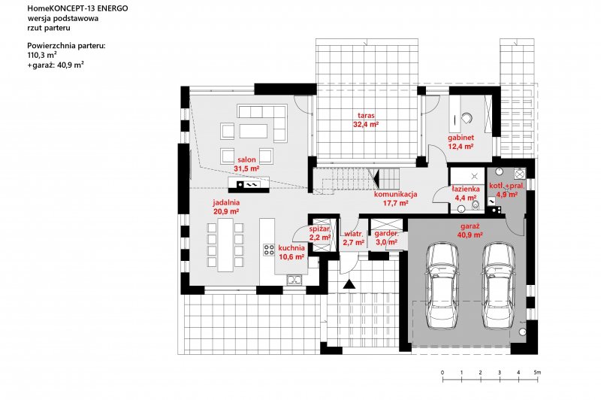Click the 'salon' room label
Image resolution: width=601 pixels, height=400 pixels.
(246, 160)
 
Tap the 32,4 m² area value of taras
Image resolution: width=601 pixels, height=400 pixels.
(366, 125)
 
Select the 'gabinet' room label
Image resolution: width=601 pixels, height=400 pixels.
(461, 138)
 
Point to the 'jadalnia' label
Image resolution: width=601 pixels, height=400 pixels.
(226, 202)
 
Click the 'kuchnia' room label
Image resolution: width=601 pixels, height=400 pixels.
(291, 247)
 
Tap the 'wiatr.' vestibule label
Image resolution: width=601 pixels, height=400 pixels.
(353, 234)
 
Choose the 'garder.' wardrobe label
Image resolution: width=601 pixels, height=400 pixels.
(388, 234)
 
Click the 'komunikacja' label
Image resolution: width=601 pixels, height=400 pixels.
(395, 194)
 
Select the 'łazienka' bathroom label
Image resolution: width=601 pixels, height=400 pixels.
(466, 189)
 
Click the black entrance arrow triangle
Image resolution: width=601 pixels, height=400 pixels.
(349, 285)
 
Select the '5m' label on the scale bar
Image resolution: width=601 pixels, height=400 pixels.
(537, 372)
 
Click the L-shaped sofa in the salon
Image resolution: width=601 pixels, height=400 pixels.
(262, 117)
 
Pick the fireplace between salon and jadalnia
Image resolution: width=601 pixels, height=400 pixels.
(247, 183)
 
